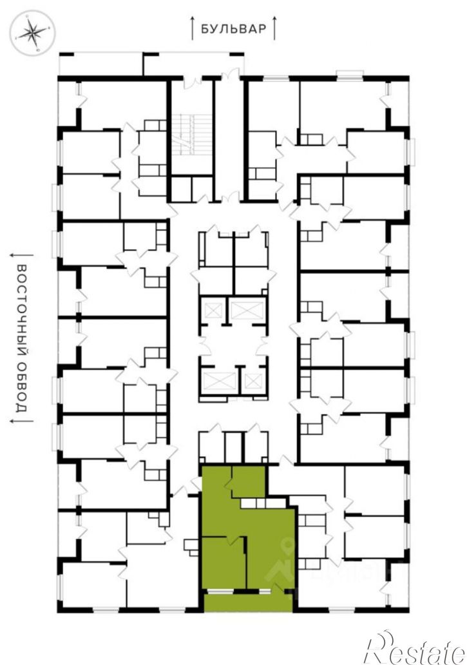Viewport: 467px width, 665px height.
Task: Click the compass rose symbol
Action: pos(33,33)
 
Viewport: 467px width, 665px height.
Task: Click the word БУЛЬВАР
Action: pos(233,28)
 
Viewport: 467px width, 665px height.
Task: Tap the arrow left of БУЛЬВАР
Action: pos(193,28)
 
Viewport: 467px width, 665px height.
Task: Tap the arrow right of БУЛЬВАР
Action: pos(274,28)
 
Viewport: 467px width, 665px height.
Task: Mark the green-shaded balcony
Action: pos(248,602)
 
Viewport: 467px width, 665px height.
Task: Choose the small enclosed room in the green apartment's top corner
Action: pos(249,482)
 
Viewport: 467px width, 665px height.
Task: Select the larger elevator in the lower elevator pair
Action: pos(220,381)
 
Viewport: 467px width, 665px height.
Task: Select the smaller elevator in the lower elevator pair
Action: pos(252,381)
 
